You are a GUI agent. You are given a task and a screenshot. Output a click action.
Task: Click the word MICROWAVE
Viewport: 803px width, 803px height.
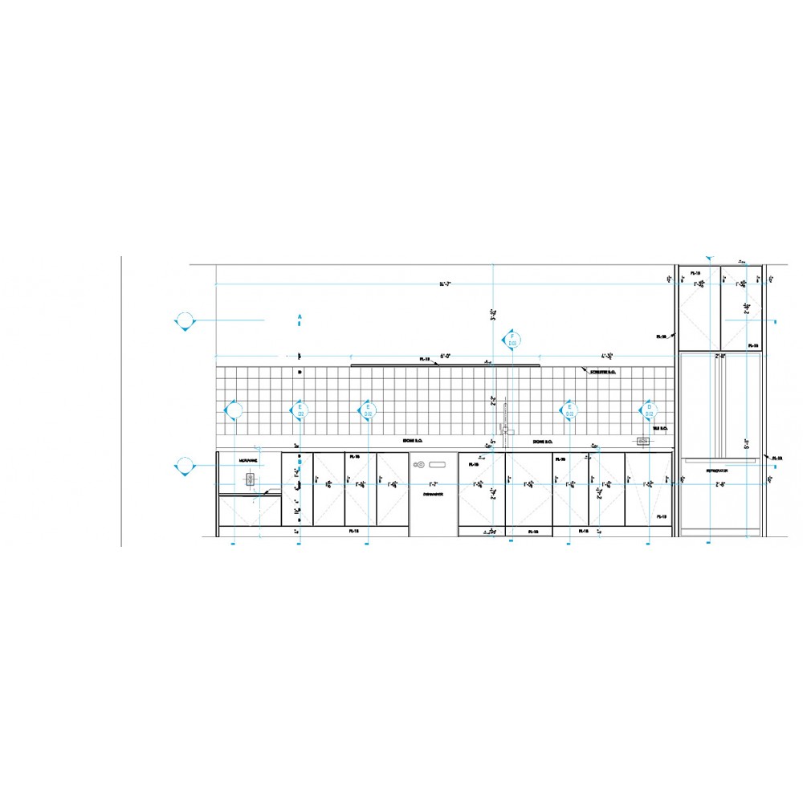pos(248,460)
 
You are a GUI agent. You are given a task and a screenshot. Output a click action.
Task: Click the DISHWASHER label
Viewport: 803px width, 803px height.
pos(433,495)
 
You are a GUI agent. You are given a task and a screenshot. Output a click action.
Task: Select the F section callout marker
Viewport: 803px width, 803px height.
pos(512,339)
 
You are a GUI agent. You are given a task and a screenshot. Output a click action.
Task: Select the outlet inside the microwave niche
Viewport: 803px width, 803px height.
pos(251,479)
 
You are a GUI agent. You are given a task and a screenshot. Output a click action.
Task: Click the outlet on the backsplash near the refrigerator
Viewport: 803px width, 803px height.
pos(642,441)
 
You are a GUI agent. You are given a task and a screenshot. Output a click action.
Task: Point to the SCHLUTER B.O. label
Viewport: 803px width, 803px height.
pos(602,372)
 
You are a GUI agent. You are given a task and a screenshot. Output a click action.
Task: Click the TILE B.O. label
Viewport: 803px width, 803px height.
pos(661,429)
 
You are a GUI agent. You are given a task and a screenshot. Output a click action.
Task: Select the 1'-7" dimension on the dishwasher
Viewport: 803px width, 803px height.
pos(433,484)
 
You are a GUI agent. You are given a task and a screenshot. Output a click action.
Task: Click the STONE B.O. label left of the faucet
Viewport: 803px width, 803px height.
pos(414,442)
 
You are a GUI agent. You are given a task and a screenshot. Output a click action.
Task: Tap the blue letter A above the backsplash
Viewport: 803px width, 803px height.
pos(300,318)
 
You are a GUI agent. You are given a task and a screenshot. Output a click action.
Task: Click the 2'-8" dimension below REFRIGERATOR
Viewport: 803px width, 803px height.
pos(718,484)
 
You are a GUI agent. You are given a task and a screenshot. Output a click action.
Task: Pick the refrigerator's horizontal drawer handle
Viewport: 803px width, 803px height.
pos(719,461)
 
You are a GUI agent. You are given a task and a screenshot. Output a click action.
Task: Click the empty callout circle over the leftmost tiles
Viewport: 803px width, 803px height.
pos(234,411)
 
